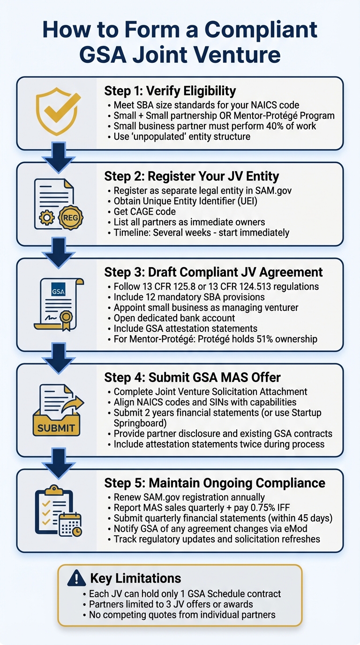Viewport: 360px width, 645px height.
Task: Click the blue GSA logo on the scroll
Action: point(59,292)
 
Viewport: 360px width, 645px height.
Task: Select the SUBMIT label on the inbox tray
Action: point(56,427)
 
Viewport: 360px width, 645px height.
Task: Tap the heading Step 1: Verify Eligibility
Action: point(170,90)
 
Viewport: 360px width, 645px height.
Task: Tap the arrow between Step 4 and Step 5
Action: point(59,461)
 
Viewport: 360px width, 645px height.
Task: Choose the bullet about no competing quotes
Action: point(182,615)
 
